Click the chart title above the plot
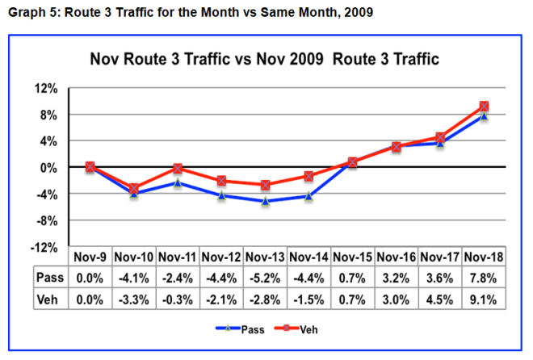point(263,61)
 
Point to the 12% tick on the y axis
point(45,88)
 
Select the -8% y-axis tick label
point(45,220)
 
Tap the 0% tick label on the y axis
point(48,167)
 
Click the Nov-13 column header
point(265,257)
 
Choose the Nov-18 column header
point(483,257)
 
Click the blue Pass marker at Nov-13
point(265,201)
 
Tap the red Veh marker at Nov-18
point(483,107)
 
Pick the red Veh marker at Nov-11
point(178,169)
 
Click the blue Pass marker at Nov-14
point(308,195)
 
